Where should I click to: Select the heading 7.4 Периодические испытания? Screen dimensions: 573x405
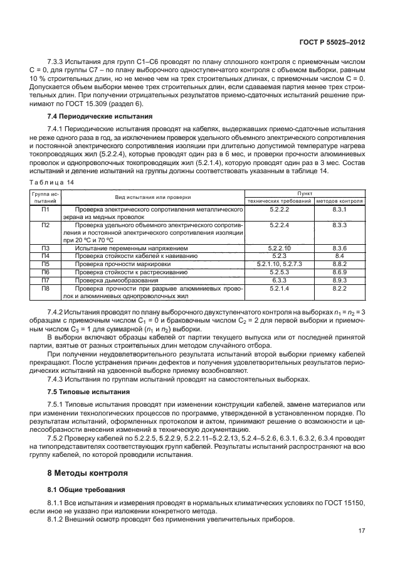pos(89,117)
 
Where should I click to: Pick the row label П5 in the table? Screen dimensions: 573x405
pos(45,264)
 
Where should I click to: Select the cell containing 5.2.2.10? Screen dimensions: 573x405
pos(278,249)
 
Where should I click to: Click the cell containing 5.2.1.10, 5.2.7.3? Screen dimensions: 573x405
pos(278,264)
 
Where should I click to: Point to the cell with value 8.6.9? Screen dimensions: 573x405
pos(340,272)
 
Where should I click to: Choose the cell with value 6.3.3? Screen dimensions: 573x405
pos(278,279)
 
